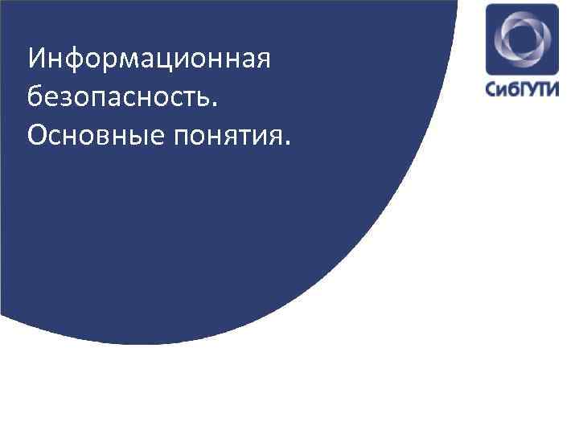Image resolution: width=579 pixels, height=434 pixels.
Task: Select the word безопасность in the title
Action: click(x=119, y=98)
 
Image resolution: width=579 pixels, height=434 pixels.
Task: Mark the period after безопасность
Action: click(x=214, y=104)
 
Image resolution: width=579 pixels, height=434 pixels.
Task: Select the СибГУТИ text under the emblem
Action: click(x=521, y=88)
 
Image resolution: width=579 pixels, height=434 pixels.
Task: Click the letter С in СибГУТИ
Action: click(x=491, y=88)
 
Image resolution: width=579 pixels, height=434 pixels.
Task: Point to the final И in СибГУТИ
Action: click(x=553, y=88)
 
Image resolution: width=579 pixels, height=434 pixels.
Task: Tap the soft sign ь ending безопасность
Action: click(x=205, y=99)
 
